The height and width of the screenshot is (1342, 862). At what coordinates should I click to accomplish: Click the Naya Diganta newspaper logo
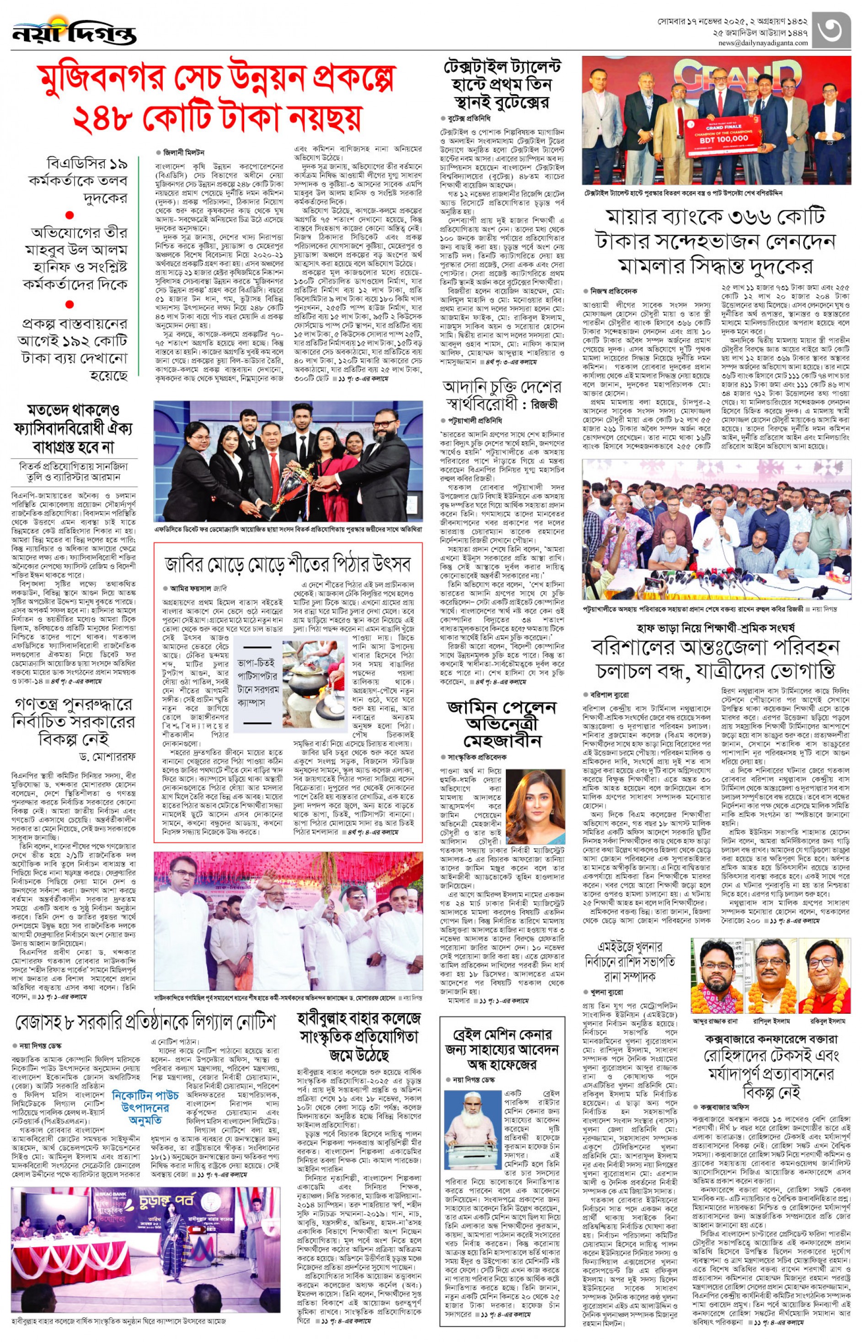pos(74,32)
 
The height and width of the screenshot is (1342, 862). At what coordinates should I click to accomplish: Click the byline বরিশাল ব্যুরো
pos(609,695)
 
